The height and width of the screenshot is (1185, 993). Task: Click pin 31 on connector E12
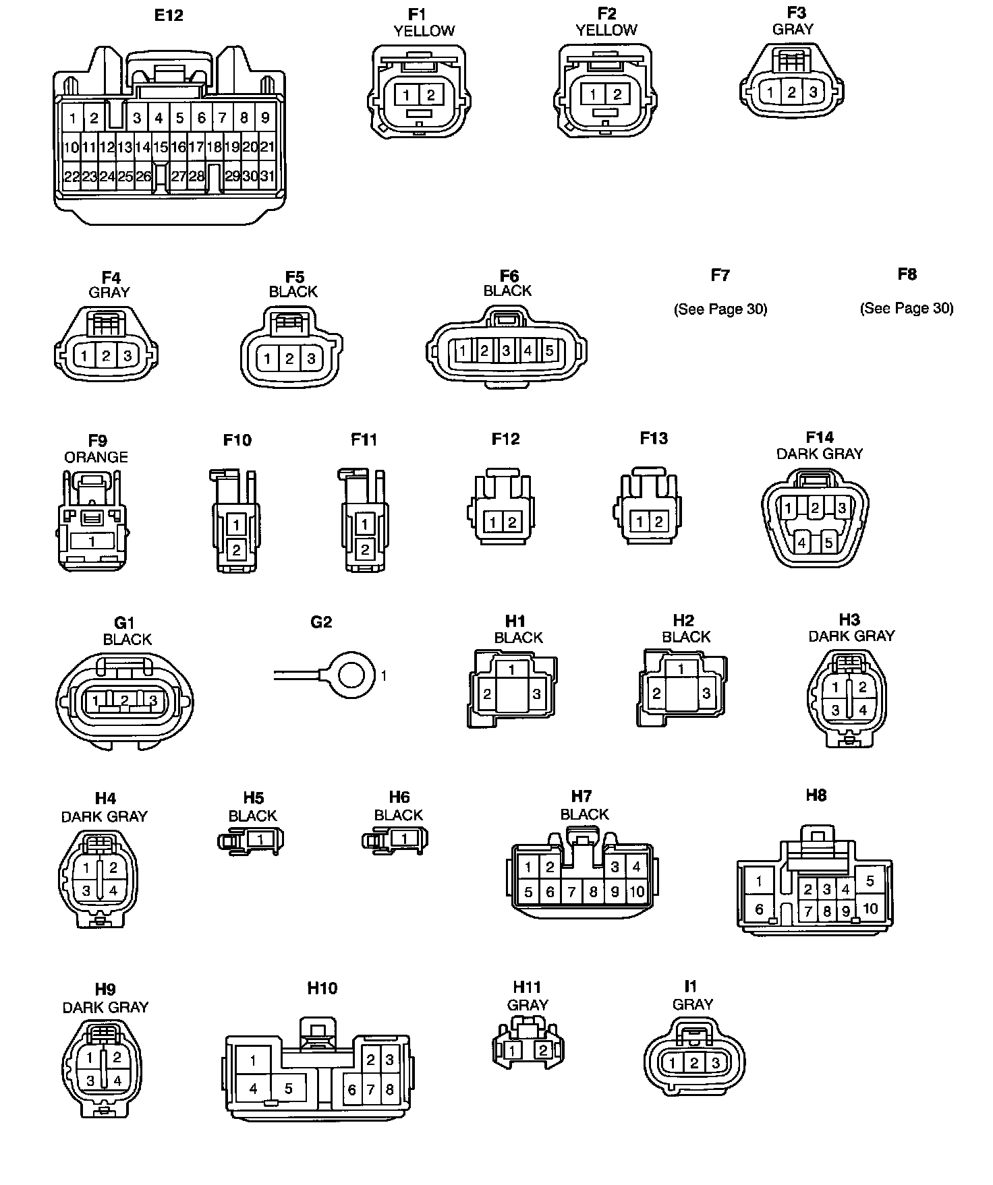coord(267,176)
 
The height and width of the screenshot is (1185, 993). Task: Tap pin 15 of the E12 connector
coord(160,147)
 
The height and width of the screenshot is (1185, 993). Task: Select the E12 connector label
coord(169,15)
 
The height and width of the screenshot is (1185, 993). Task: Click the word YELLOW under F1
coord(424,31)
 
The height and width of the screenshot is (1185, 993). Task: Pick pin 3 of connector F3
coord(813,93)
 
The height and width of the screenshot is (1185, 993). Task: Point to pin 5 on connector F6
coord(550,351)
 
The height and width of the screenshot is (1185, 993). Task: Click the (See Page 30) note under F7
coord(720,309)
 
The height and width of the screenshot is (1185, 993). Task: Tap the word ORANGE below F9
coord(96,457)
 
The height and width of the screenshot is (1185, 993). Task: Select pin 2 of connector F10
coord(236,550)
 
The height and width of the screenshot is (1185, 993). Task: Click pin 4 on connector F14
coord(802,541)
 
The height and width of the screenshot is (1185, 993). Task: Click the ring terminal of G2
coord(352,674)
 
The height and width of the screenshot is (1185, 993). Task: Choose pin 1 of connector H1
coord(513,669)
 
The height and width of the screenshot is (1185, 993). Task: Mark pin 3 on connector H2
coord(706,693)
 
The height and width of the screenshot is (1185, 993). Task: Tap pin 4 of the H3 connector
coord(862,710)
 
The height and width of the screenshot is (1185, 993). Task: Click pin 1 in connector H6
coord(404,839)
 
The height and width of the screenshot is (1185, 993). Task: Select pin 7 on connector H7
coord(571,892)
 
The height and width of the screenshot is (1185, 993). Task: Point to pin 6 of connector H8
coord(759,909)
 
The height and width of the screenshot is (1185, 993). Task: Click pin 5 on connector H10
coord(288,1089)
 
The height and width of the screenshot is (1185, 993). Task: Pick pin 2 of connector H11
coord(543,1050)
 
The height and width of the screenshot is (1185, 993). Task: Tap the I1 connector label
coord(690,986)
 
